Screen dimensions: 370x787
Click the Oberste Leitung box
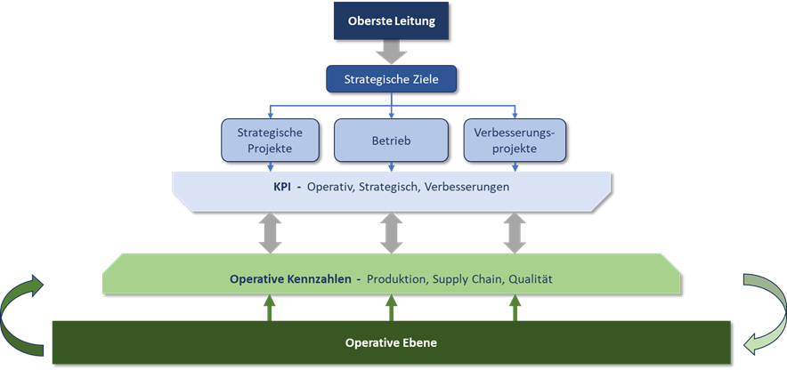point(392,21)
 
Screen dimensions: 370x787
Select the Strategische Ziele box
point(392,79)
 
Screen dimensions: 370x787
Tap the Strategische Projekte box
point(269,141)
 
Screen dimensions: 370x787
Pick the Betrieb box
point(391,141)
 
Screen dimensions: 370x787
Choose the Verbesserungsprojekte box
point(515,141)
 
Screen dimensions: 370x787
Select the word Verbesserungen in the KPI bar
point(469,187)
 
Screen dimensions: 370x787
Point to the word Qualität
point(531,278)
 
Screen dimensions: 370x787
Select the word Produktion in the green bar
point(398,278)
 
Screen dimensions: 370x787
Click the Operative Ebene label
point(392,342)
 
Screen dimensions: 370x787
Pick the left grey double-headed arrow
point(269,232)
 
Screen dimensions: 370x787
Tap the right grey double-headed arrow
point(515,232)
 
